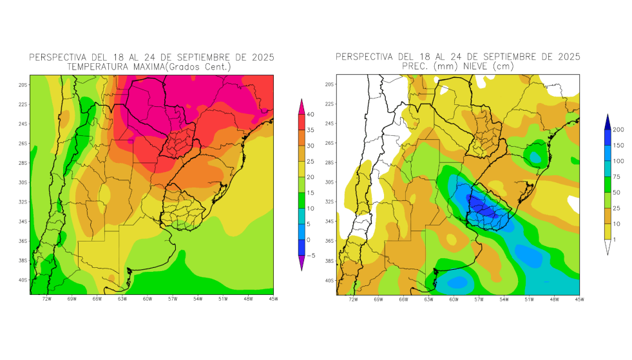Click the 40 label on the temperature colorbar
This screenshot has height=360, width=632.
(311, 115)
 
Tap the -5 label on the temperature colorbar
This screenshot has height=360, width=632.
(311, 255)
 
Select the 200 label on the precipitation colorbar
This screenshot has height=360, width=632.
(618, 129)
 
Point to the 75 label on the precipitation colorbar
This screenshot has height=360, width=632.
(617, 176)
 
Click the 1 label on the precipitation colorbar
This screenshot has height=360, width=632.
(614, 240)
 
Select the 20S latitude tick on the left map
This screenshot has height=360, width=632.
(23, 85)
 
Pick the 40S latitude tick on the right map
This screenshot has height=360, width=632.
(329, 280)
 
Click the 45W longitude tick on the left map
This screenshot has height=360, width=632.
(273, 299)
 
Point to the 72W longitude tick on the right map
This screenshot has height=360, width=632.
(352, 299)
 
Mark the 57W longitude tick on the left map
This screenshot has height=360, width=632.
(172, 299)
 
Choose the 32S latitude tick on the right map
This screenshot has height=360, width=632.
(329, 202)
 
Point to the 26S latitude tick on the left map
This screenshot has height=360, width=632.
(23, 144)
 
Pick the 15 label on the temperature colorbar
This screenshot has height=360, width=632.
(311, 193)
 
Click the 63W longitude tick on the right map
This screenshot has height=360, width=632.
(428, 299)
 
